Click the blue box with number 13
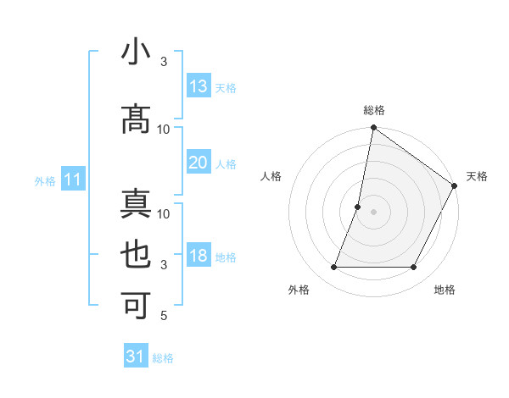(199, 86)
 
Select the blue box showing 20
(199, 163)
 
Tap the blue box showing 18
(199, 256)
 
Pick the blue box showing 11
(73, 180)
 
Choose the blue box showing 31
(136, 357)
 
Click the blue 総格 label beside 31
(164, 358)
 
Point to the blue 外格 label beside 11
(45, 180)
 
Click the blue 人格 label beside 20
(226, 163)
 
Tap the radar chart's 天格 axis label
(477, 176)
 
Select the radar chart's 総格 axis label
(373, 110)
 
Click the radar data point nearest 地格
(414, 268)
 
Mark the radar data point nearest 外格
(333, 268)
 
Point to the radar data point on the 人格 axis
(358, 207)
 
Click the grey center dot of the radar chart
(373, 212)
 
